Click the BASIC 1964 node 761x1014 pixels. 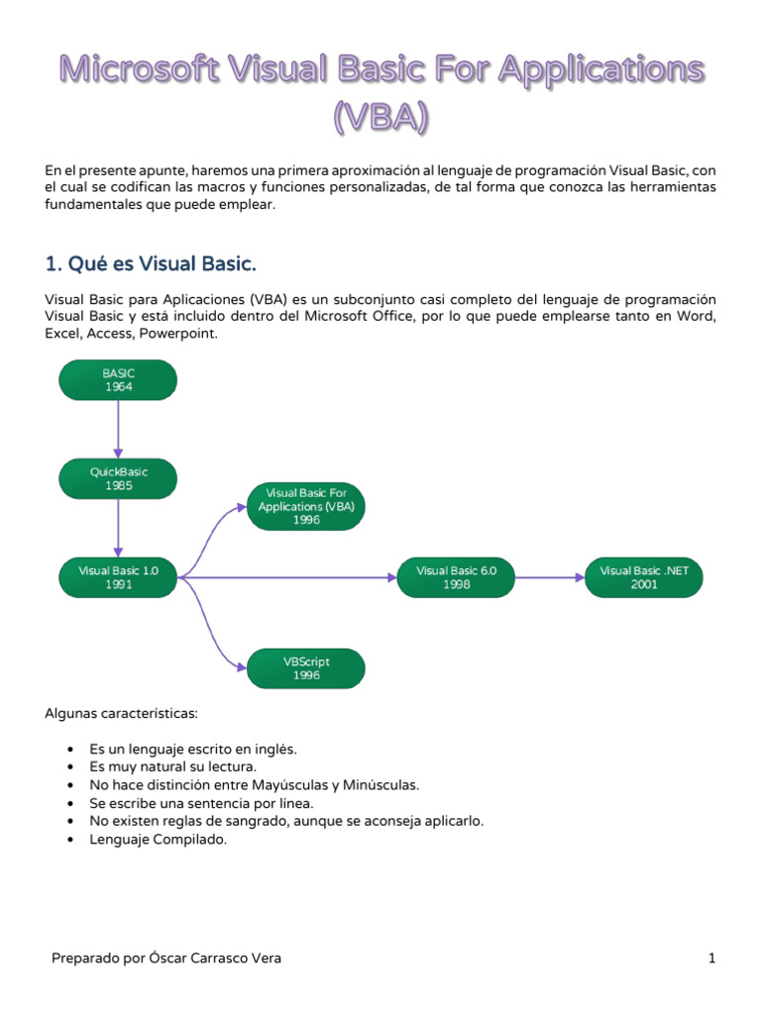118,380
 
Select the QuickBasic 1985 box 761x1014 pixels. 118,478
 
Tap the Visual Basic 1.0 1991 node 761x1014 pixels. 118,577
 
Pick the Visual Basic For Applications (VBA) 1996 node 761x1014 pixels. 306,505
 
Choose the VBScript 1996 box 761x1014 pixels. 306,668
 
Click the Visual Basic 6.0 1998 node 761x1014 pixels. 457,577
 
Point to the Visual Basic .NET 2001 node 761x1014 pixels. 644,577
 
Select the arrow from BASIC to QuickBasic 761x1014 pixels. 118,429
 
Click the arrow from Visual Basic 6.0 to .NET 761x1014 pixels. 550,577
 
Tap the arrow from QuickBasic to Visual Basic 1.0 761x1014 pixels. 118,528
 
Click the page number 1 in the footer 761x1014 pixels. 711,959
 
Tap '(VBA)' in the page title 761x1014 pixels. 380,118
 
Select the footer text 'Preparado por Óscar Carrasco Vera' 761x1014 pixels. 166,959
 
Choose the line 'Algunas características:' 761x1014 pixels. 122,713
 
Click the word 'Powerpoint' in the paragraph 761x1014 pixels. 177,334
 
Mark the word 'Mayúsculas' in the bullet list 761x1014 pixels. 264,784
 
